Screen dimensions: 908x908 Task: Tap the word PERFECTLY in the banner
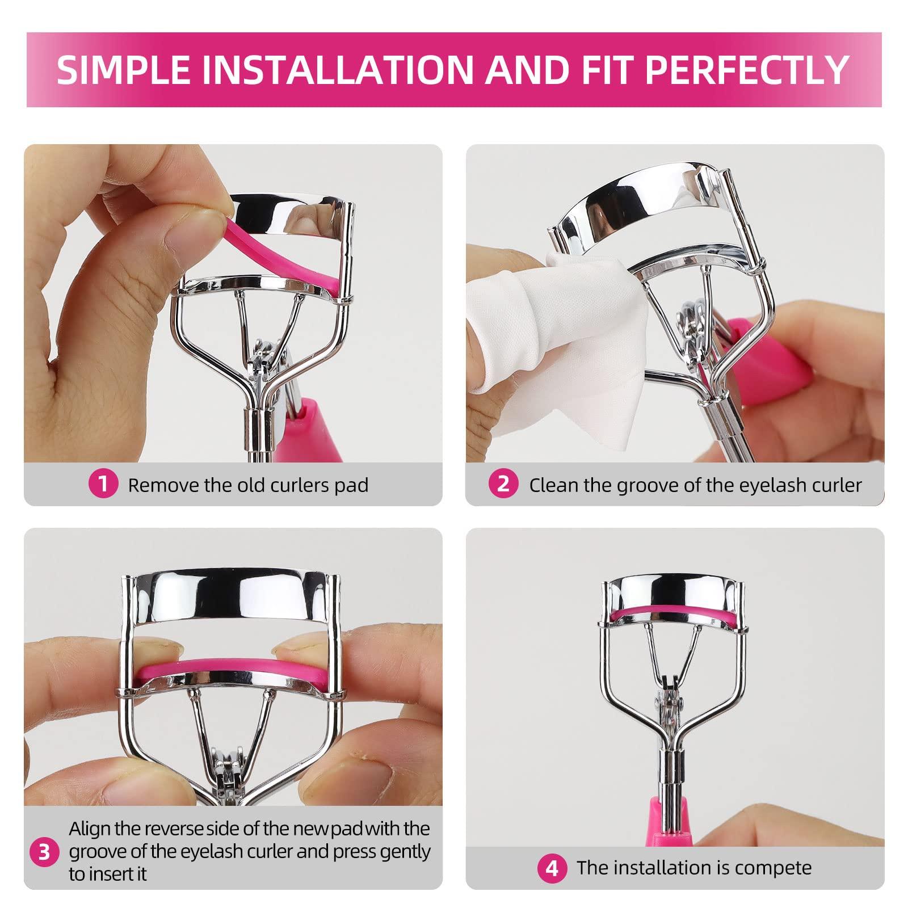click(745, 69)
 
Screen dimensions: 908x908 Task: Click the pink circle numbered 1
click(103, 484)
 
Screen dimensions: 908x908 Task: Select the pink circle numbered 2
click(503, 484)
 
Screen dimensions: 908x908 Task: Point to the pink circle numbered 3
click(44, 852)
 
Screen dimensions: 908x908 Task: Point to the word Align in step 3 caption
click(90, 829)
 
